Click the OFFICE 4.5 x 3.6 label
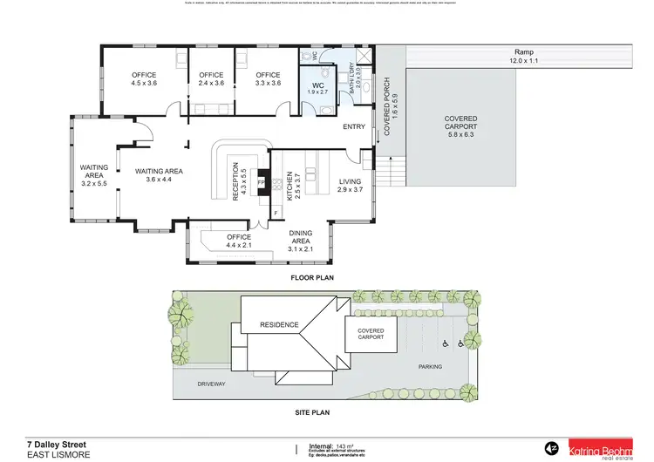tap(143, 79)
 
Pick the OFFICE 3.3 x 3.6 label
tap(268, 79)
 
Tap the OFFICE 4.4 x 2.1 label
tap(239, 241)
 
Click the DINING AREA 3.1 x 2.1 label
tap(305, 241)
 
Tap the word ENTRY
tap(354, 127)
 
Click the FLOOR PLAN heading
tap(312, 278)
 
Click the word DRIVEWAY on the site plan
tap(212, 384)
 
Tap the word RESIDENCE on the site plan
tap(279, 326)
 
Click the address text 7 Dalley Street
tap(56, 443)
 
